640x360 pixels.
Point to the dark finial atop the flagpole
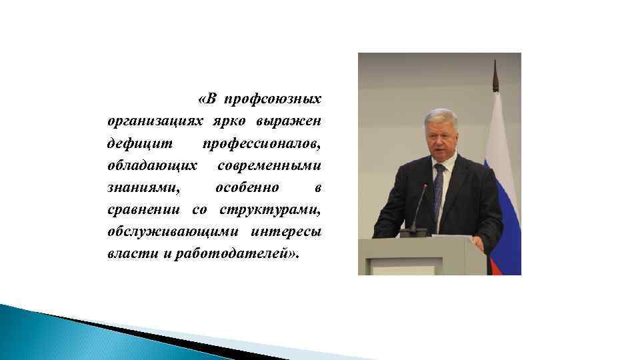point(495,75)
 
